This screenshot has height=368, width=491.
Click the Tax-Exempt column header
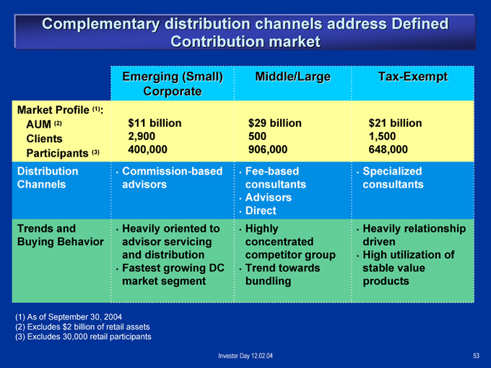point(413,76)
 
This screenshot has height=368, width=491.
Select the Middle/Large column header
point(292,76)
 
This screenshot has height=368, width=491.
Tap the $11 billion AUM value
point(155,123)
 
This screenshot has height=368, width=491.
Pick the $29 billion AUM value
point(275,123)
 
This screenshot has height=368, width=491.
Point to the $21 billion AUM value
point(395,123)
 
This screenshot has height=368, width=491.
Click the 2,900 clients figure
point(142,136)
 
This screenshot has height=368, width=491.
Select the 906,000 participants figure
point(268,149)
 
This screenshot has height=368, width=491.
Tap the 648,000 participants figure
point(388,149)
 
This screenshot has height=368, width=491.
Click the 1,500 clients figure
point(382,136)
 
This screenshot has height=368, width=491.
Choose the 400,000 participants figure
point(147,149)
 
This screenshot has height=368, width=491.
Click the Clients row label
point(44,139)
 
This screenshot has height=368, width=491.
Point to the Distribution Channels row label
point(48,178)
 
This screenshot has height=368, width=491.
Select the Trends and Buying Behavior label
point(61,235)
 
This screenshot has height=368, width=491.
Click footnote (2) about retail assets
point(82,327)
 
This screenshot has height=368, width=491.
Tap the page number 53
point(476,356)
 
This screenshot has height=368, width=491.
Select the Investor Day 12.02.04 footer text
point(245,356)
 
